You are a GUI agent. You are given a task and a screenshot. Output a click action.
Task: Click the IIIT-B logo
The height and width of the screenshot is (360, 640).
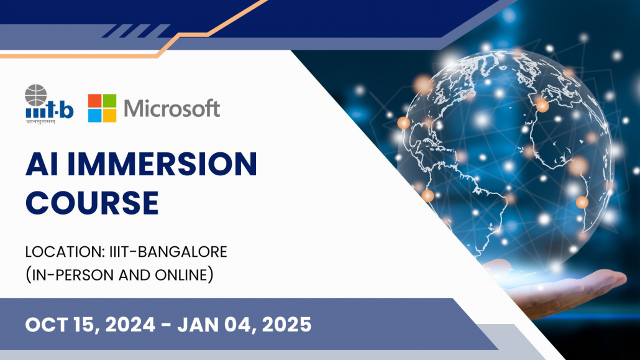click(49, 104)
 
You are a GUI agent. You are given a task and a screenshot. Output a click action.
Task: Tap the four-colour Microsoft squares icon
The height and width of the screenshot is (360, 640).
click(102, 108)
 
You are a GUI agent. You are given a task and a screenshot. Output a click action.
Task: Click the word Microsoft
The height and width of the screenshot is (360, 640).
click(172, 108)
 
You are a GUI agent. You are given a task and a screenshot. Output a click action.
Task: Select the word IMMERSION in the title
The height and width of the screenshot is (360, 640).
click(162, 164)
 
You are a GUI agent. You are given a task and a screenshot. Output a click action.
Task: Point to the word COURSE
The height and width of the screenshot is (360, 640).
click(92, 203)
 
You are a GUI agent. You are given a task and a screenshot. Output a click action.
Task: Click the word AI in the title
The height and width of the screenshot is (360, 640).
click(42, 164)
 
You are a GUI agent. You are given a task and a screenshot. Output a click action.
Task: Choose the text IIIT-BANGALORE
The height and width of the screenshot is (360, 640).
click(168, 252)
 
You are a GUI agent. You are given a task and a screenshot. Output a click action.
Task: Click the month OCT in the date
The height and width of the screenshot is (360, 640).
click(46, 325)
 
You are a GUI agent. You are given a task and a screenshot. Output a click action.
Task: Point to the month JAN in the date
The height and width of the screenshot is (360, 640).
click(197, 325)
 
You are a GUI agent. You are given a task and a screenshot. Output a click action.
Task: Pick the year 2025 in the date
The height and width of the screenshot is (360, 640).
click(286, 325)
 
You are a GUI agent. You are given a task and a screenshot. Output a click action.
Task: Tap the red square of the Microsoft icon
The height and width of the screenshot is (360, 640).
click(94, 101)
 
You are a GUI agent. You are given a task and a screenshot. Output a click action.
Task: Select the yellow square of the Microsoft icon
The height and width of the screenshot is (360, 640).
click(110, 116)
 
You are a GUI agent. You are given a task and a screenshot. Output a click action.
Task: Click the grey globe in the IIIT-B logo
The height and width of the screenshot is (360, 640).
click(36, 95)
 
